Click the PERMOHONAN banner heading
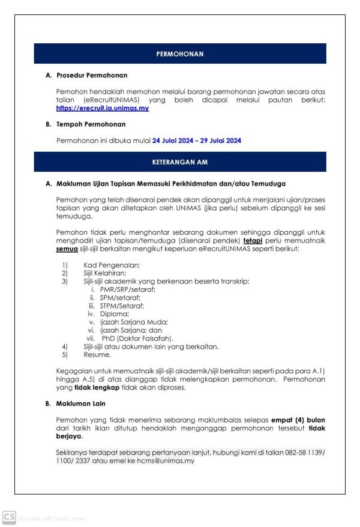tap(180, 54)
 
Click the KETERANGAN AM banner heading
tap(180, 162)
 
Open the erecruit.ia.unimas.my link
tap(103, 109)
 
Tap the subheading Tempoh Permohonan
tap(91, 124)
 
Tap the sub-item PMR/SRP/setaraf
tap(128, 289)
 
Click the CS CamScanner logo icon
tap(8, 516)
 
